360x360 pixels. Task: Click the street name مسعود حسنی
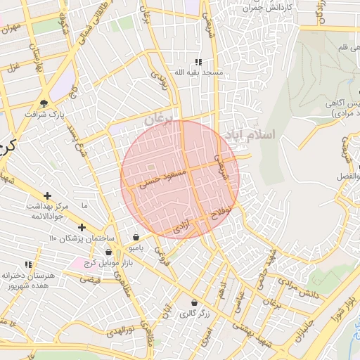point(162,179)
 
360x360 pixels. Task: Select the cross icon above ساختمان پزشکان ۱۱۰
point(82,227)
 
